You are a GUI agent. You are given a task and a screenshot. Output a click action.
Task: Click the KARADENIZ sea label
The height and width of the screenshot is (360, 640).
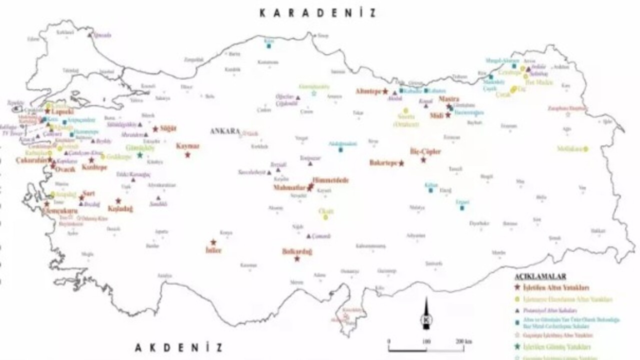pyautogui.click(x=317, y=13)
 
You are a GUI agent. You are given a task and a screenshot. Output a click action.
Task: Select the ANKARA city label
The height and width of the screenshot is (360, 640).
pyautogui.click(x=222, y=131)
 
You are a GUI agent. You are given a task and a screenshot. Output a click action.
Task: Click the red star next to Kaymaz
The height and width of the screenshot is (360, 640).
pyautogui.click(x=187, y=155)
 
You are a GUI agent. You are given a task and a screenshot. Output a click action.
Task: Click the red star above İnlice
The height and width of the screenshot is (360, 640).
pyautogui.click(x=213, y=242)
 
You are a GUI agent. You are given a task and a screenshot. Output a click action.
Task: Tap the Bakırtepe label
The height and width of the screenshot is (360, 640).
pyautogui.click(x=383, y=163)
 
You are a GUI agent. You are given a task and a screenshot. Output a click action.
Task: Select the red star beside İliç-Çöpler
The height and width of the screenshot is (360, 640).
pyautogui.click(x=423, y=160)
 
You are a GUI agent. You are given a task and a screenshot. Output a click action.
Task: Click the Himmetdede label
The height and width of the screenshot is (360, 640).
pyautogui.click(x=330, y=180)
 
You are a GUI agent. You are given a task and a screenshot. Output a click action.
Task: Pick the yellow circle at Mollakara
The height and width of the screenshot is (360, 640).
pyautogui.click(x=585, y=149)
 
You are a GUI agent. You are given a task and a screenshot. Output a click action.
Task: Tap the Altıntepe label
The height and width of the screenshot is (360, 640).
pyautogui.click(x=368, y=91)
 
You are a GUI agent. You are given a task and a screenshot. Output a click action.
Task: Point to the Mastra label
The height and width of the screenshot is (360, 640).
pyautogui.click(x=448, y=99)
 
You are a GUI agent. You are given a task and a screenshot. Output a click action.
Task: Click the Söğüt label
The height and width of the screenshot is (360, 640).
pyautogui.click(x=168, y=129)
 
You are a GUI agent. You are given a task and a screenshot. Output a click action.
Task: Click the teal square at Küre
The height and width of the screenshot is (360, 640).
pyautogui.click(x=269, y=46)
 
